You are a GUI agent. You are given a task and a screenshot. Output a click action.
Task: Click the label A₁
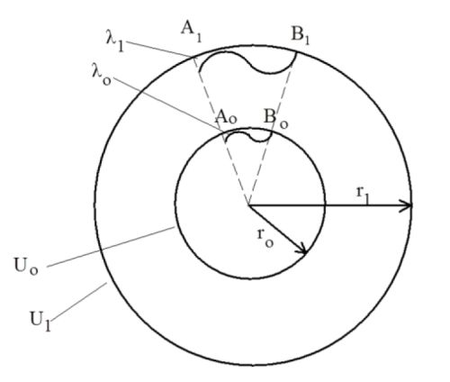point(191,32)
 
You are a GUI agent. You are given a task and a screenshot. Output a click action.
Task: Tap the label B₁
point(301,36)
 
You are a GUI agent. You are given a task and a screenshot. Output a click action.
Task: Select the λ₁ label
point(115,42)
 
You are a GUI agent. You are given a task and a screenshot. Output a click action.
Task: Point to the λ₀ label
point(102,75)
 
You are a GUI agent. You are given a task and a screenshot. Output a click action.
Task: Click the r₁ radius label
point(363,193)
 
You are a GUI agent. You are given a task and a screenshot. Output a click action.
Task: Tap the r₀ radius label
point(265,237)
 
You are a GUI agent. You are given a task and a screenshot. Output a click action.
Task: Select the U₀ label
point(26,266)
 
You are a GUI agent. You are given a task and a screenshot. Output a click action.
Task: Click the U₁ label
point(40,321)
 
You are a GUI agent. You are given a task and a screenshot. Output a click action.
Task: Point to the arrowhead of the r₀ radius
point(301,249)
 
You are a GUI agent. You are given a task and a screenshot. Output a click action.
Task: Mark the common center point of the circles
point(248,205)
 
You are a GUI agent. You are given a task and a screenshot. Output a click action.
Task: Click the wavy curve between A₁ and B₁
point(248,61)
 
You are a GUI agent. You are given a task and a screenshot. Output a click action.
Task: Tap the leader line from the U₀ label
point(111,247)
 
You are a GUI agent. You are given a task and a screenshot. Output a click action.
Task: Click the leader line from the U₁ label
point(80,301)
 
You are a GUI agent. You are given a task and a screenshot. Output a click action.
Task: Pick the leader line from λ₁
point(159,50)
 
